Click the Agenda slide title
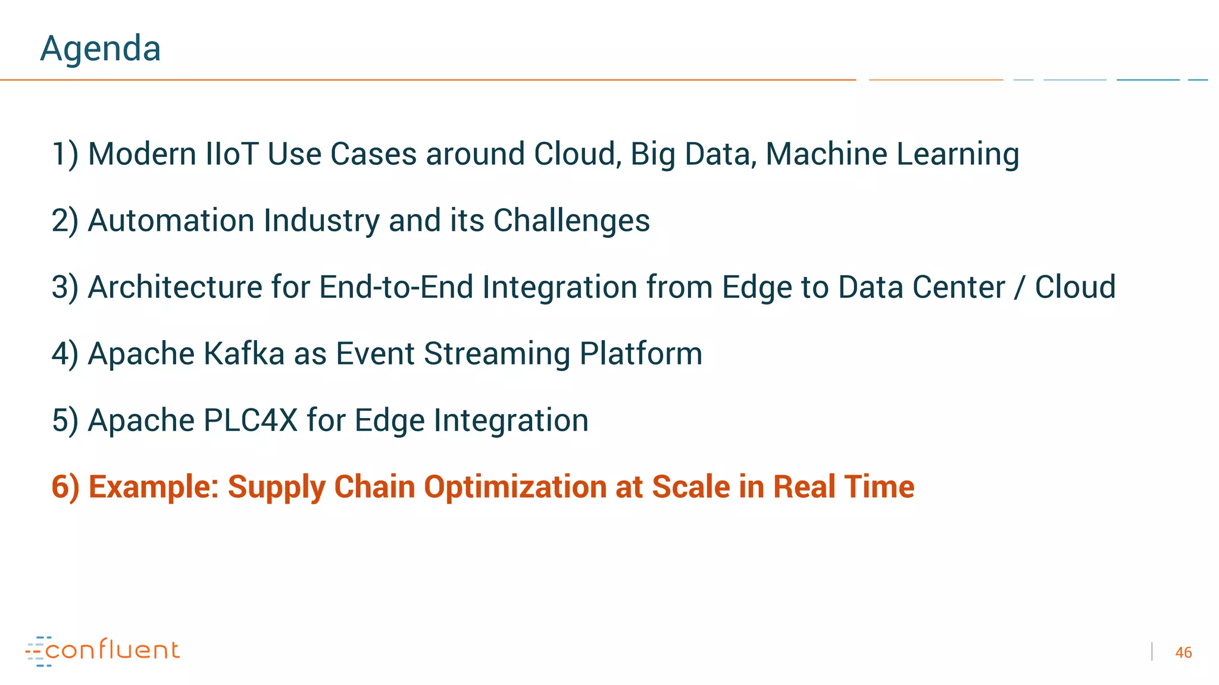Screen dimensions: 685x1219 pos(100,49)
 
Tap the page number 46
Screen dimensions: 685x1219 pos(1183,652)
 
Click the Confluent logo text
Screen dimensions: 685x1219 pos(112,650)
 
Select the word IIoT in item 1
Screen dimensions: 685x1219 pos(232,154)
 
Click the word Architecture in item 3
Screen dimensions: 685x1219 pos(175,287)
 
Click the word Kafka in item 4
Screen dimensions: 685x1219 pos(244,354)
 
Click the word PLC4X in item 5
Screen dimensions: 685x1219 pos(250,420)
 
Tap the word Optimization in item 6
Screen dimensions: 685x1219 pos(515,487)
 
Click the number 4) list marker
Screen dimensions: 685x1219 pos(65,354)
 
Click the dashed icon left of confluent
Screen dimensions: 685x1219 pos(37,651)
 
